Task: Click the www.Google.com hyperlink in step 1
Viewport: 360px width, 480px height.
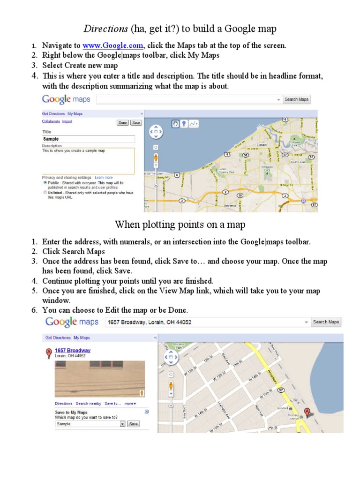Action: click(x=113, y=45)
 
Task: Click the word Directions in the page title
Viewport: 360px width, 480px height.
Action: click(x=105, y=29)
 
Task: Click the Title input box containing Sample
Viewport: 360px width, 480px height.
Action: click(x=88, y=139)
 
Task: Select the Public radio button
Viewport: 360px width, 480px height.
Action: click(x=45, y=183)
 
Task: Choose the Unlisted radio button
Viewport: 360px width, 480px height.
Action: click(x=45, y=193)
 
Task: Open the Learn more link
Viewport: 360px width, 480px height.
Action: click(x=104, y=178)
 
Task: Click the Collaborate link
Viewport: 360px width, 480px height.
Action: click(x=51, y=121)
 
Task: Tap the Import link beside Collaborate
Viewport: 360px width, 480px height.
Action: click(x=67, y=121)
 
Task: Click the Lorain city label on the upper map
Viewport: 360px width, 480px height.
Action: click(x=262, y=145)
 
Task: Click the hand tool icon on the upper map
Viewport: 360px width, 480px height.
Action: click(x=175, y=124)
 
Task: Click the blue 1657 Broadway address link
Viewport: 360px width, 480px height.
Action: click(x=73, y=350)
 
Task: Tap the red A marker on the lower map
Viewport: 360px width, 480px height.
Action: click(x=307, y=412)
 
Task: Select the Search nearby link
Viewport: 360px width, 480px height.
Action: click(x=89, y=403)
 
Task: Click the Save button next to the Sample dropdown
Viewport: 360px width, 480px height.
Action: click(x=134, y=424)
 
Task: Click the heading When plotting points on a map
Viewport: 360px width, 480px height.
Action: click(x=180, y=225)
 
